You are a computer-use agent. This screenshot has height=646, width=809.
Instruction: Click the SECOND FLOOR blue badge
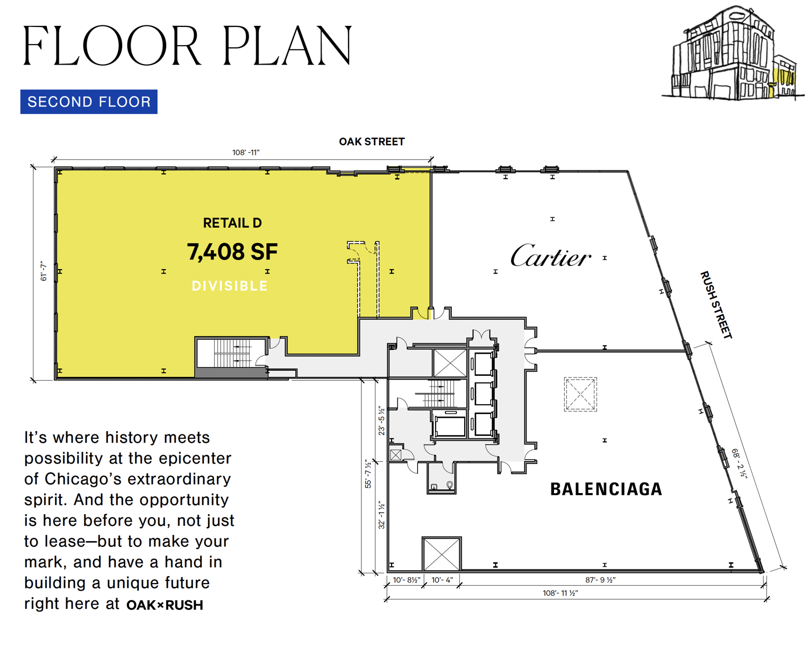89,102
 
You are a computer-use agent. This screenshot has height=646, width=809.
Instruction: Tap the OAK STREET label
371,142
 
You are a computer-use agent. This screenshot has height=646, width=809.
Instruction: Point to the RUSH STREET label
716,305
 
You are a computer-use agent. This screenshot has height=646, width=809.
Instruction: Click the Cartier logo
550,256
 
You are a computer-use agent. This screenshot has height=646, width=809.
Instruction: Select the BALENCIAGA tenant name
606,489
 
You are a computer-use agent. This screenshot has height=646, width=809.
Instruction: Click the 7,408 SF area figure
232,252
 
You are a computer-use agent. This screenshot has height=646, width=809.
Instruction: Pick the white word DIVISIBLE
230,286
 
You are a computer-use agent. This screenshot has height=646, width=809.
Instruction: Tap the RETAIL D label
232,223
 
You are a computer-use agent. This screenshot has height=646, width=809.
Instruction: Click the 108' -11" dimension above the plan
246,152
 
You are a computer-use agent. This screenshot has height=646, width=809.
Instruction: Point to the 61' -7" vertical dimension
44,271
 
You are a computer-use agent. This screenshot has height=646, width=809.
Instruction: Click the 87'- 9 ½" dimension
600,580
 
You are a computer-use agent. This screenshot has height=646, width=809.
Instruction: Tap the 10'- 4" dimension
442,580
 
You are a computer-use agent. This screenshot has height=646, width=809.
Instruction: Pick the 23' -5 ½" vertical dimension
381,420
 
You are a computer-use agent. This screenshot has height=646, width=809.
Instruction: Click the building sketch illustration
733,53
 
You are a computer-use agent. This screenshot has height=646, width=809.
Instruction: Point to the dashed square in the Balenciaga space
580,394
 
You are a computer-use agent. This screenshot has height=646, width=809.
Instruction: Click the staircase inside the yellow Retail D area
232,353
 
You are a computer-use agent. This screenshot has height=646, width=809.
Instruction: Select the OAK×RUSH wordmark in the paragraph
165,605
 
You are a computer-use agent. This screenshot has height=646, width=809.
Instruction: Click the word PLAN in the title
287,46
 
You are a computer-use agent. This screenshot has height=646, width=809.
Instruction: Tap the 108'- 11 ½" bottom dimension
560,593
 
